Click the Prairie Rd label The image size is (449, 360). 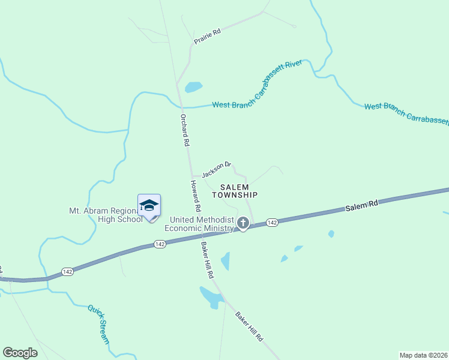tap(207, 36)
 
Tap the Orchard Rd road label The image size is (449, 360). tap(185, 131)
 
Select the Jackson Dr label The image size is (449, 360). tap(217, 169)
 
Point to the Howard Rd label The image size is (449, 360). tap(195, 195)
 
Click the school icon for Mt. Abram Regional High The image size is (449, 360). tap(149, 206)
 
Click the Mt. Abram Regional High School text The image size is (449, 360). tap(106, 215)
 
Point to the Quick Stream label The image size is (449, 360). tap(98, 324)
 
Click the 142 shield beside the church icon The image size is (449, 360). tap(272, 223)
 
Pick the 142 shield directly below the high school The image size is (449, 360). tap(159, 244)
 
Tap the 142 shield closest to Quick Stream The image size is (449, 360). tap(67, 272)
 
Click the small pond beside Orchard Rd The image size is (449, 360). tap(193, 88)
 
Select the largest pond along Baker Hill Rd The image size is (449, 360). tap(211, 296)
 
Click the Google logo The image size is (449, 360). tap(20, 353)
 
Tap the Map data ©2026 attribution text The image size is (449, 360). tap(423, 355)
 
